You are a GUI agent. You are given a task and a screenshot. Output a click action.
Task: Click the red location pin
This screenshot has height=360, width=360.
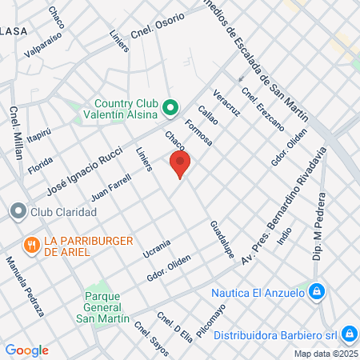[x=180, y=164]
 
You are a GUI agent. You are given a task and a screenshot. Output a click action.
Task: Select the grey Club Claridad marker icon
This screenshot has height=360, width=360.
[x=18, y=212]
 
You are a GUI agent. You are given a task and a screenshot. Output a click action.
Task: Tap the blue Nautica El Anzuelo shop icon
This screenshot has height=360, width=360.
[x=317, y=292]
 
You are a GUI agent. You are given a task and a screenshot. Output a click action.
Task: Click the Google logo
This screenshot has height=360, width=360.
[x=26, y=350]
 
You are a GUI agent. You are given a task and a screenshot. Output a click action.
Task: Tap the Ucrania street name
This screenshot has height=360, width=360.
[x=156, y=249]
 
